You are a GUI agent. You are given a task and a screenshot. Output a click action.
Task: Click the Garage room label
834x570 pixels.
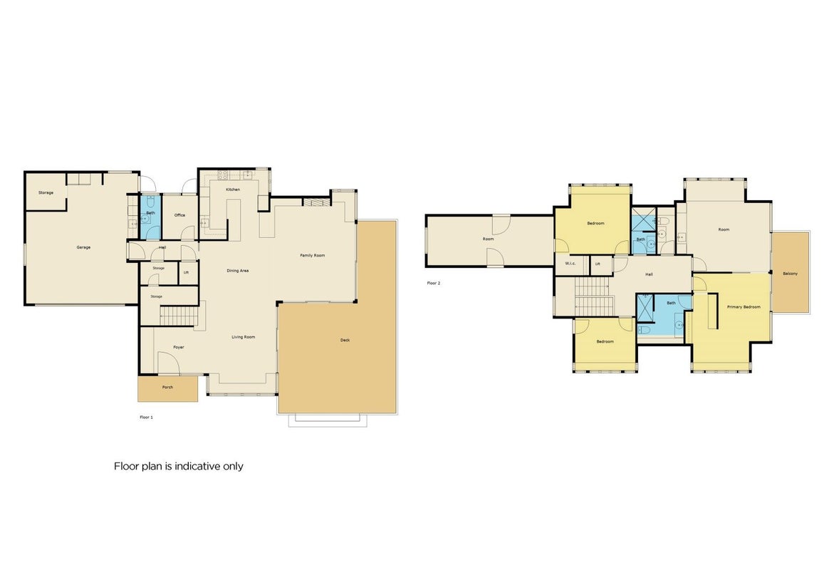(83, 247)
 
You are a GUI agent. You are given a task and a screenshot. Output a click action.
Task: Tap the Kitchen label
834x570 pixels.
(233, 190)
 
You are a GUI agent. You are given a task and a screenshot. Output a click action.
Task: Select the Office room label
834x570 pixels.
(179, 215)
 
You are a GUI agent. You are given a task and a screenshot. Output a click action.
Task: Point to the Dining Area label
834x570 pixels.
(238, 271)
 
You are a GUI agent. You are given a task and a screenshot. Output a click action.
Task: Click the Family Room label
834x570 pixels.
(312, 256)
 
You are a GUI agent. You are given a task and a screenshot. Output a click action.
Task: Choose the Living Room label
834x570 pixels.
(243, 337)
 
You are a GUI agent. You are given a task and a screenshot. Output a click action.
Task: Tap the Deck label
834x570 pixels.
(345, 340)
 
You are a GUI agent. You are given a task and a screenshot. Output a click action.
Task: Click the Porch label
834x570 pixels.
(167, 388)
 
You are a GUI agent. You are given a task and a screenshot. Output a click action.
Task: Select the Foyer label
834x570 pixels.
(179, 348)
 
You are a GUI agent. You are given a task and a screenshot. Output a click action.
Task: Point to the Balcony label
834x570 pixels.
(791, 274)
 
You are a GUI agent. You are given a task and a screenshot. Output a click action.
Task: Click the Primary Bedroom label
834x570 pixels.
(744, 307)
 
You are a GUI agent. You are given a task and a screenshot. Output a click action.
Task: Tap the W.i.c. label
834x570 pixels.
(570, 264)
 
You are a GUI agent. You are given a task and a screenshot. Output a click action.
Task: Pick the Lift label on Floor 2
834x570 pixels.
(598, 264)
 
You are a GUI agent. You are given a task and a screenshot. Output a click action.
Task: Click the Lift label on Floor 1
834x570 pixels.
(186, 272)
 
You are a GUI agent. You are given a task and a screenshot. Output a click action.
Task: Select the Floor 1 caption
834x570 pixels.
(146, 418)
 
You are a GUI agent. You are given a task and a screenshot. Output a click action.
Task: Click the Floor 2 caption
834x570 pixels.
(434, 283)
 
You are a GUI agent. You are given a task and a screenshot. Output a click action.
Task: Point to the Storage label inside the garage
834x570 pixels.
(46, 192)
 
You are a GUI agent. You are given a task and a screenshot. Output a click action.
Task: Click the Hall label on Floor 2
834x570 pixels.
(649, 274)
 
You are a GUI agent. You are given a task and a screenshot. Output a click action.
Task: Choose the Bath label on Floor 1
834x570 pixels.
(150, 213)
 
